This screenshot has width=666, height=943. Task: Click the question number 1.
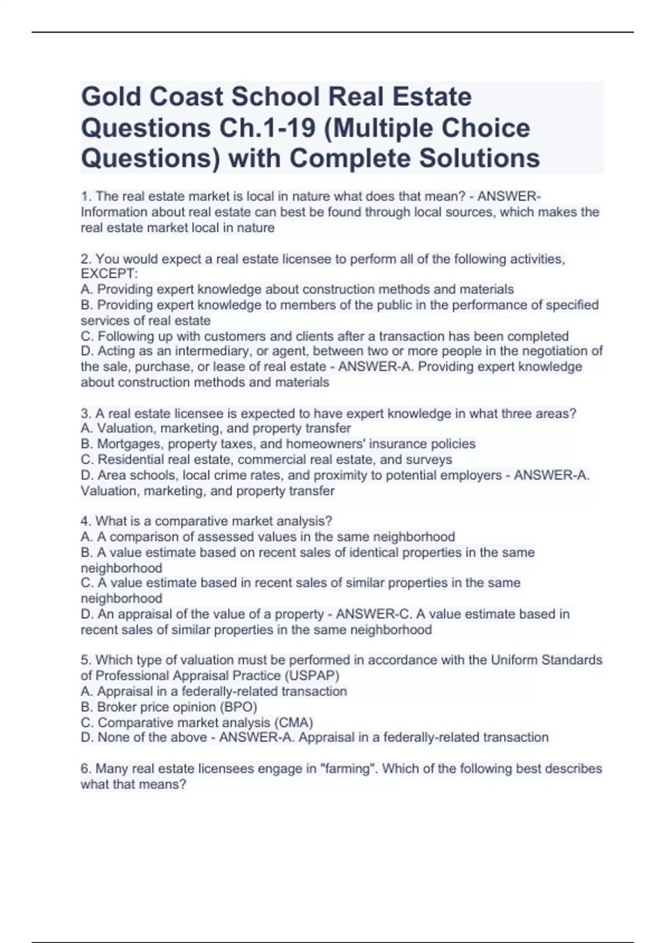(x=85, y=196)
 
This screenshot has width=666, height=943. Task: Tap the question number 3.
(x=85, y=414)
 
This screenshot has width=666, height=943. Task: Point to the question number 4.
(x=85, y=521)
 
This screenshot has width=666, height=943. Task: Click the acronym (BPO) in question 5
(x=238, y=707)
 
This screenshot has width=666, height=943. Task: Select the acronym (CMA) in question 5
(x=294, y=723)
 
